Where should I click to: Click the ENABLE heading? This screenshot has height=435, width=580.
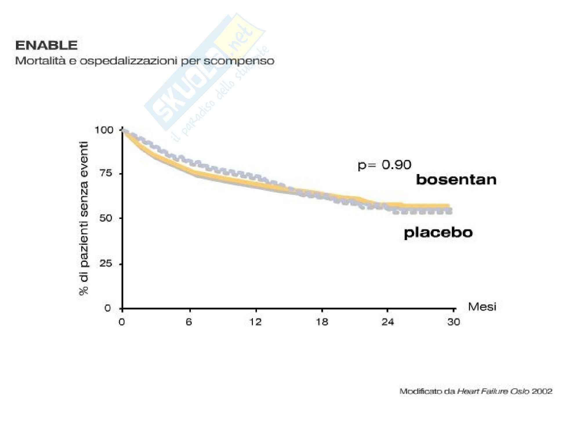(x=46, y=46)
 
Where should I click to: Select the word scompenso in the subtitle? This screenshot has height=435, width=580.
(x=246, y=61)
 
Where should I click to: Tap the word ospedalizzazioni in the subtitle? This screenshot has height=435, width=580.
(x=129, y=61)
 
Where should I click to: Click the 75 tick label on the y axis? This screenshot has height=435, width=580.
(x=106, y=173)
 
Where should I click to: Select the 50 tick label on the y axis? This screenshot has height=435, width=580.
(x=106, y=218)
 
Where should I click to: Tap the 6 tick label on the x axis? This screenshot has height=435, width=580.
(x=189, y=322)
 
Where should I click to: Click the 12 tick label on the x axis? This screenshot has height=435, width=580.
(x=255, y=322)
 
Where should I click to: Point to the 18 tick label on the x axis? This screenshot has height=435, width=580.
(x=322, y=322)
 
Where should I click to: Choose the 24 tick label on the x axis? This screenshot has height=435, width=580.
(x=388, y=322)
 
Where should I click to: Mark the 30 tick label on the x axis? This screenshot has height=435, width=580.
(x=454, y=322)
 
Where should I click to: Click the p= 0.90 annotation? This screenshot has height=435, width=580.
(x=385, y=165)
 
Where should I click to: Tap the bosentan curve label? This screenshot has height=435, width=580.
(x=456, y=180)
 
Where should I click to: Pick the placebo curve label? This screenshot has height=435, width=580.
(x=438, y=233)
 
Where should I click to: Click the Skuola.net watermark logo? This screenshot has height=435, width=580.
(x=203, y=78)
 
